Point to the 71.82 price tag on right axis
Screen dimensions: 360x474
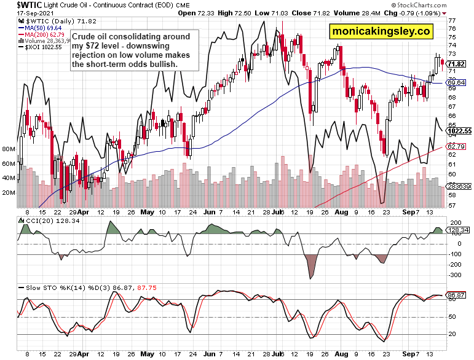456,64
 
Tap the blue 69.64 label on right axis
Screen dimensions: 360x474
456,82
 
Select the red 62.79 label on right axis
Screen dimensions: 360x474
456,146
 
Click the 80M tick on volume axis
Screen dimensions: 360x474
9,149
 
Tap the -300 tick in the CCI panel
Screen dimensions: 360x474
455,275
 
